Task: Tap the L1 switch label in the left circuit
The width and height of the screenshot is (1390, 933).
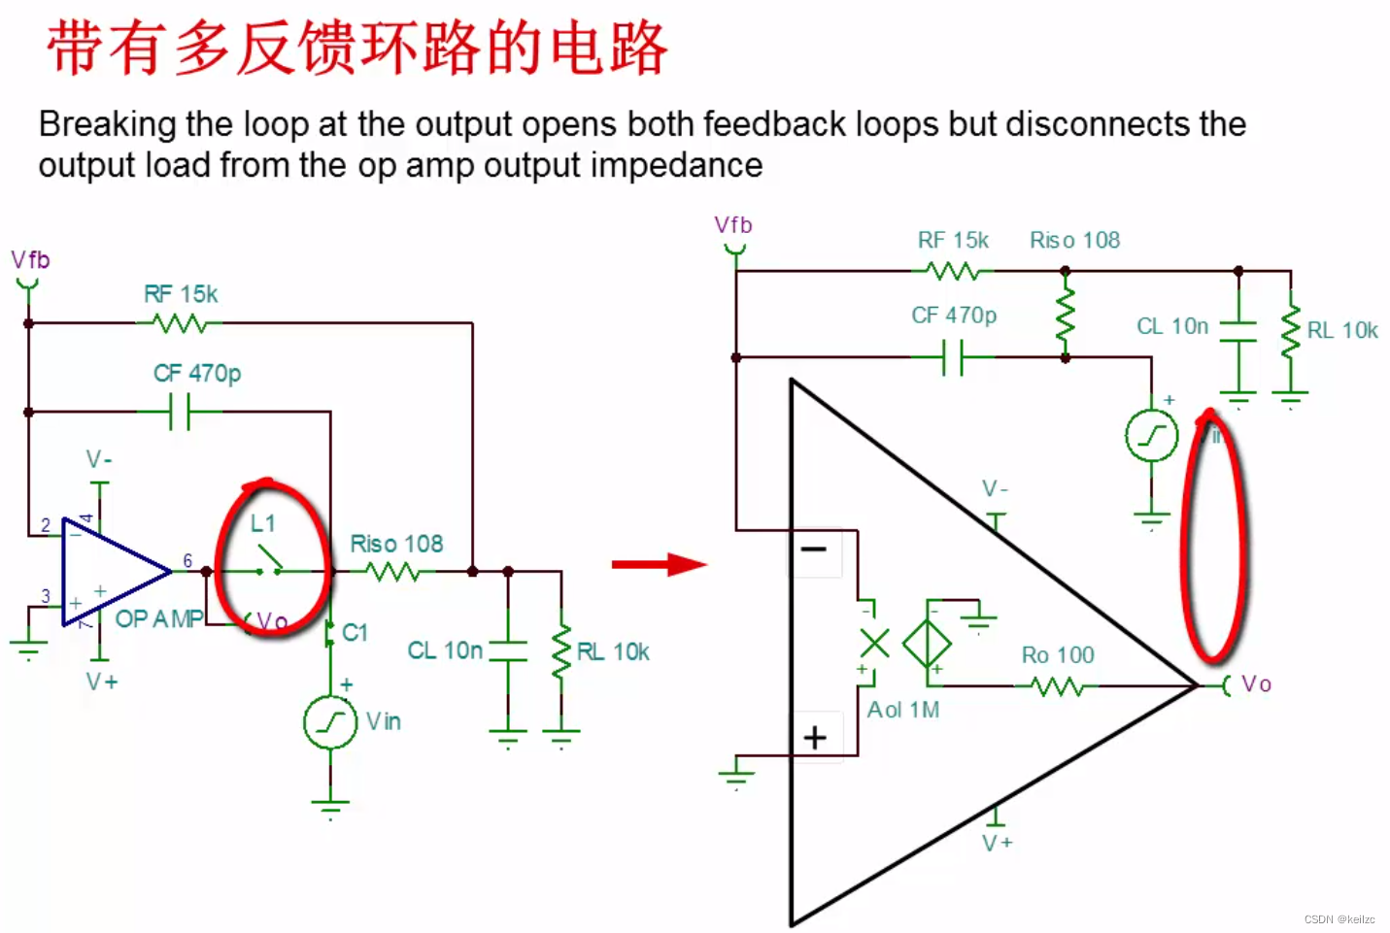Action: pos(262,523)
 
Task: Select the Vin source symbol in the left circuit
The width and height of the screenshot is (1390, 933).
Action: pos(330,722)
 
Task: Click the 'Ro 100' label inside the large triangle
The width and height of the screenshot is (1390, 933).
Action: pos(1058,655)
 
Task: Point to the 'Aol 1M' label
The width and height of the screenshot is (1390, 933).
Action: pos(903,710)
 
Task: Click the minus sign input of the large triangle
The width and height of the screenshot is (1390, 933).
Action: pos(814,550)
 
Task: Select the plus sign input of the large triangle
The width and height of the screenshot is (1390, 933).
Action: pos(815,738)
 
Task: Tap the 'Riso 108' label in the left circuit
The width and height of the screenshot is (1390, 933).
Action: pos(396,544)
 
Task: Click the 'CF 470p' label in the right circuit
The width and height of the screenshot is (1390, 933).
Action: pos(954,316)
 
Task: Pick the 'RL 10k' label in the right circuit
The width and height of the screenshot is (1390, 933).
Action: pos(1342,330)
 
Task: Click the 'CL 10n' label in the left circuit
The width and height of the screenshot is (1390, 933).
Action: pos(445,650)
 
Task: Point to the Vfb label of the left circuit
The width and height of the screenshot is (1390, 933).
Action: pos(30,260)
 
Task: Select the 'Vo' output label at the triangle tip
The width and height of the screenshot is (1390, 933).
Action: pos(1256,684)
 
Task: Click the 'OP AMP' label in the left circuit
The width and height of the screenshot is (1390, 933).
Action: pos(159,619)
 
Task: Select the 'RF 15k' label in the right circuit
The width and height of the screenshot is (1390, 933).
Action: pos(953,240)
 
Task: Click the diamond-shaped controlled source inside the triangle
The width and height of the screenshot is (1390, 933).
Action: pos(927,643)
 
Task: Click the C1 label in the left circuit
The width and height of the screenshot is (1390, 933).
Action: pos(355,633)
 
